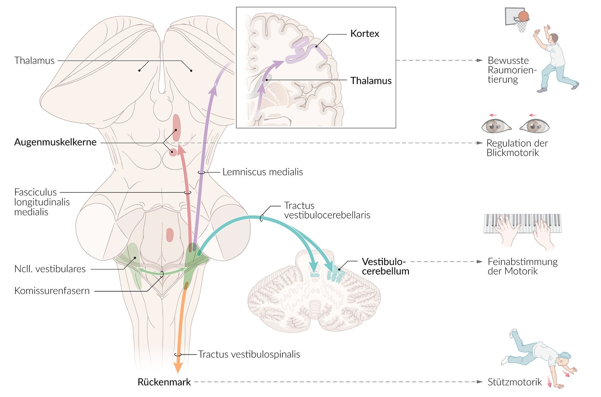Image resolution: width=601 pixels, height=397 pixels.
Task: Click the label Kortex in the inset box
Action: [364, 34]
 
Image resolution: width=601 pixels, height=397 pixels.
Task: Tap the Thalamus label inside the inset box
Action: [371, 81]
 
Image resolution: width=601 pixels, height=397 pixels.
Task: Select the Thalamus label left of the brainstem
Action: [34, 60]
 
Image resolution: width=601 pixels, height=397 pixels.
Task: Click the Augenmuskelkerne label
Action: [55, 142]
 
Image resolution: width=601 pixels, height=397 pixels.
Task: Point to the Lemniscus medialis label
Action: [262, 172]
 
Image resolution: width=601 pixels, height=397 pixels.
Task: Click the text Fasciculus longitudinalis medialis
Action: [42, 202]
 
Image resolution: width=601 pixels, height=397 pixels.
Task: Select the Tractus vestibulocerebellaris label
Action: [327, 210]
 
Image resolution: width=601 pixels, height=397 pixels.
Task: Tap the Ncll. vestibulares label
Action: [50, 269]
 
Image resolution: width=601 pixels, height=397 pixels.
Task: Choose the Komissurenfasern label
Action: [52, 291]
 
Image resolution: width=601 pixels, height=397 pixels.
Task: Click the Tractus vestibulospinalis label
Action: [249, 354]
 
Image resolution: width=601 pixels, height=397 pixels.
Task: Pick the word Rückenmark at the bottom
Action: [164, 382]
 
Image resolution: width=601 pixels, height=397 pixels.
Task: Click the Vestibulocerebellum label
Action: [385, 266]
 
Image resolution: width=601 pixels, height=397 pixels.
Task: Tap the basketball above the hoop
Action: [524, 16]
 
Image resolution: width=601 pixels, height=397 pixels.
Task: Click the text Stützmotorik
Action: [514, 382]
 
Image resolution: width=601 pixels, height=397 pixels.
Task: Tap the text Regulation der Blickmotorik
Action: [516, 148]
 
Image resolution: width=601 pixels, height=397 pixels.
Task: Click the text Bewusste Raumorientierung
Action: [511, 70]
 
